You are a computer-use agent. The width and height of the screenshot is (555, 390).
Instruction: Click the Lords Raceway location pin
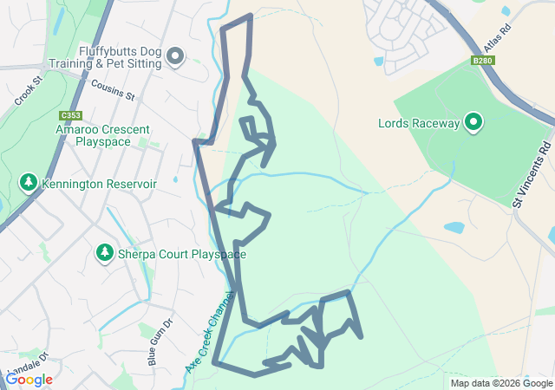pos(473,123)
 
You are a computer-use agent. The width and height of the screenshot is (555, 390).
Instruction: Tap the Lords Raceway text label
pos(419,124)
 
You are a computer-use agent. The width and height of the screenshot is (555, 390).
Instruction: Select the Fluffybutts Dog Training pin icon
pos(176,57)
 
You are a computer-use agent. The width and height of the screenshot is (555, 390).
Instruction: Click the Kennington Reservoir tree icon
pos(29,184)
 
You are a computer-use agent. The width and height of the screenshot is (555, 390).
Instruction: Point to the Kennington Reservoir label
pos(102,185)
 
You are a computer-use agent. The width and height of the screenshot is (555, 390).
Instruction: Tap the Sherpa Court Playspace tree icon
pos(105,252)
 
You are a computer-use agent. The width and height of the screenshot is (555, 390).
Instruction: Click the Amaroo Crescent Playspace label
pos(101,134)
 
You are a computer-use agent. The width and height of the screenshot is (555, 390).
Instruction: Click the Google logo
pos(29,380)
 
